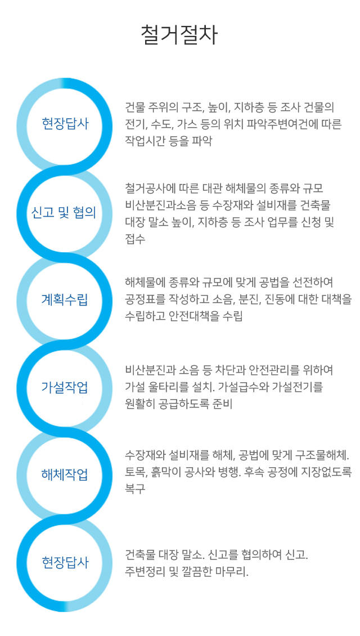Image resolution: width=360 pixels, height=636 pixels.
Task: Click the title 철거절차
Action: (x=179, y=35)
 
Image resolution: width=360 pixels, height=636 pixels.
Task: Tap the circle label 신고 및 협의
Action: (x=64, y=213)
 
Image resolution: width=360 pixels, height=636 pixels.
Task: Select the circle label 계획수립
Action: (x=65, y=301)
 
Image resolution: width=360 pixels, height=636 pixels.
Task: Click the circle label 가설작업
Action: (x=65, y=387)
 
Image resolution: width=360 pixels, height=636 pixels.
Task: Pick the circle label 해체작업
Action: (x=65, y=474)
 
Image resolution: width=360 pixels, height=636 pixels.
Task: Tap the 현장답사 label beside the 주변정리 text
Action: (x=65, y=562)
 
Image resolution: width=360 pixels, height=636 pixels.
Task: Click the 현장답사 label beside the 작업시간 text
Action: (x=65, y=124)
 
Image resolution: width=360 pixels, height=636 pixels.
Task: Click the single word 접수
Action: (x=135, y=239)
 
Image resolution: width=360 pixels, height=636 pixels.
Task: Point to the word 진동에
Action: (x=278, y=299)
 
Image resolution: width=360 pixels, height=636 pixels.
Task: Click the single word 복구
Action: (x=135, y=489)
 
